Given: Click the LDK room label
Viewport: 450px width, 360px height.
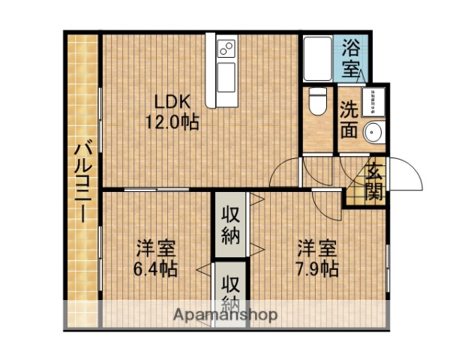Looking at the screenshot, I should [171, 102].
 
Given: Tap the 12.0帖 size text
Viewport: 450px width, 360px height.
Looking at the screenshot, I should [171, 122].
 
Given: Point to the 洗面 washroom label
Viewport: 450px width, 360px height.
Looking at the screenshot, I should [347, 119].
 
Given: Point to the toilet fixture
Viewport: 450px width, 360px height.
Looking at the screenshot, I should [317, 101].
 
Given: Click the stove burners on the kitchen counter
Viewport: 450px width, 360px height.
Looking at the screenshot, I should [226, 50].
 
